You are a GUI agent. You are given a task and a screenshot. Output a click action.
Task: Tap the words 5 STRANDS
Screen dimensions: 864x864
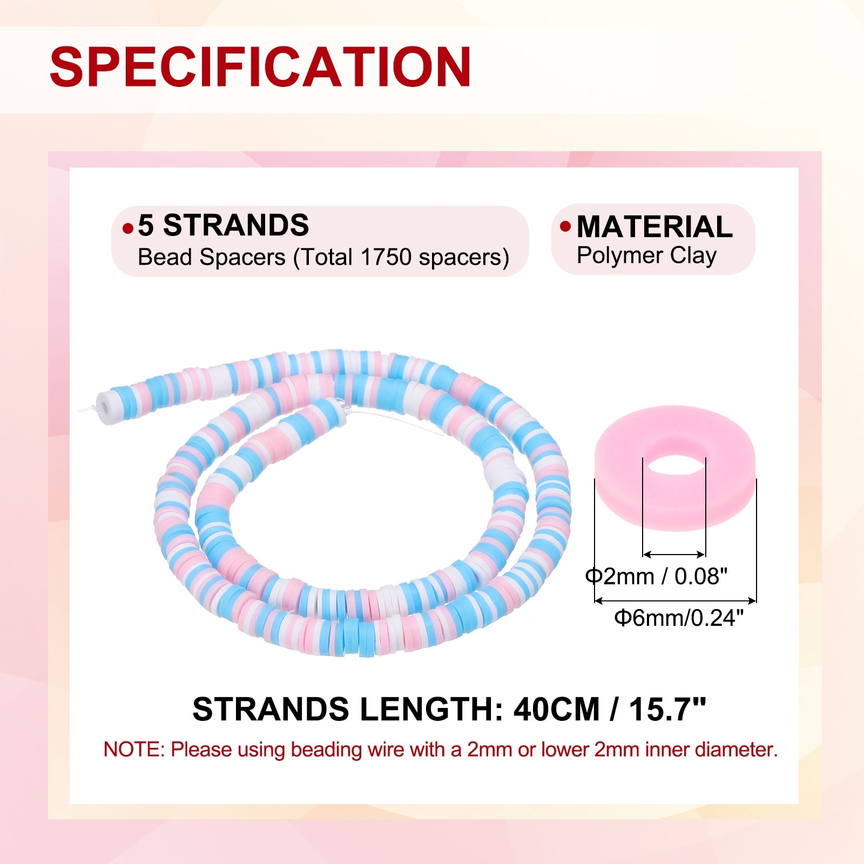(x=223, y=225)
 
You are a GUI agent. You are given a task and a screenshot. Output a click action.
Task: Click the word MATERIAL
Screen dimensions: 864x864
(x=654, y=226)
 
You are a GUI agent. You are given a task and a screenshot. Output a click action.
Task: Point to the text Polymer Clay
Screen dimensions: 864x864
(x=646, y=256)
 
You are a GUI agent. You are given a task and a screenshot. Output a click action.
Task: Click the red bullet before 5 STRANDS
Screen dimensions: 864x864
(x=128, y=229)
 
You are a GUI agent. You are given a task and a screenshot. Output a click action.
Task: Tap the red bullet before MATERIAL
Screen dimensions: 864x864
(x=565, y=226)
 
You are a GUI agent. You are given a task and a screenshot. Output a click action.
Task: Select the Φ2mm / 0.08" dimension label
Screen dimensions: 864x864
(x=657, y=577)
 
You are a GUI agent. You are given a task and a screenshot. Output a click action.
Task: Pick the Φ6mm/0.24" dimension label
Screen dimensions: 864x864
(x=679, y=617)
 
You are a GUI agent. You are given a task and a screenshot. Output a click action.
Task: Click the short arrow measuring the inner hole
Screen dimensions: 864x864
(x=674, y=554)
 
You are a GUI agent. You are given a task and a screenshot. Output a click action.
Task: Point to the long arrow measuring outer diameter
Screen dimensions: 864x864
(x=675, y=600)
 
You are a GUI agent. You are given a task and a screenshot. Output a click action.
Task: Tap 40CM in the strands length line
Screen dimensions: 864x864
(x=556, y=709)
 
